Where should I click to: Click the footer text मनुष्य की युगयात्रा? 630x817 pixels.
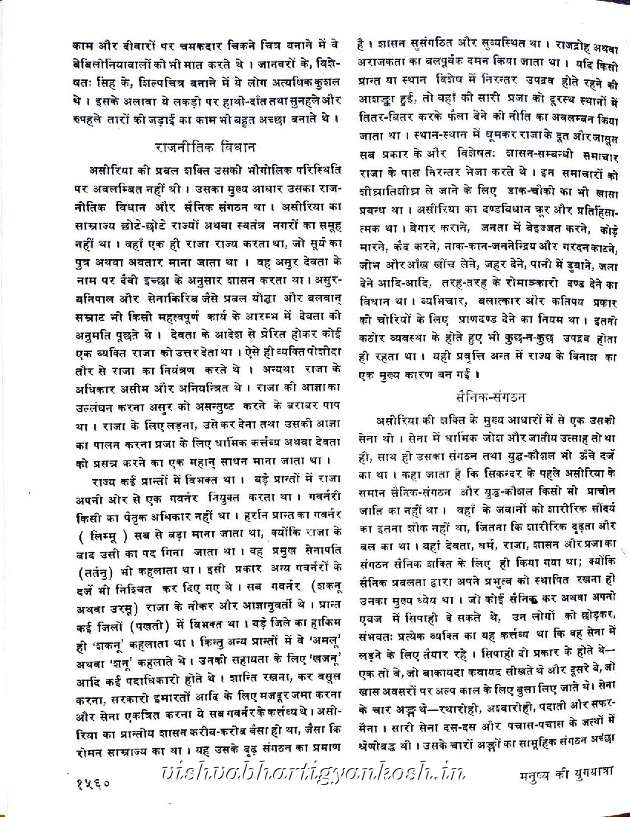pos(556,780)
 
